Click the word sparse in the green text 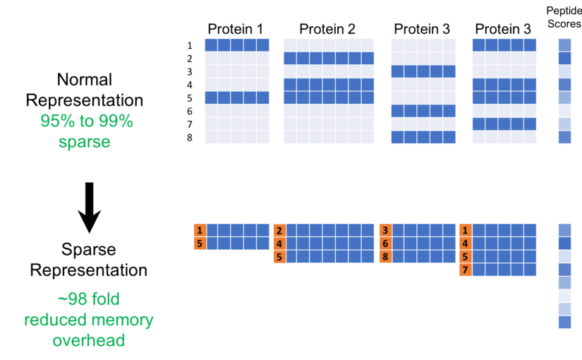click(x=85, y=142)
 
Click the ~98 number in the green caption click(x=73, y=299)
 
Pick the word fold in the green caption click(x=104, y=299)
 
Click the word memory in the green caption click(x=121, y=320)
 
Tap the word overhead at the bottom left click(x=88, y=341)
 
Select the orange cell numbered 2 click(x=279, y=230)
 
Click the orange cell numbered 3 click(x=385, y=230)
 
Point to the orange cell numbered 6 click(x=385, y=244)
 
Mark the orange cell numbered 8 click(x=385, y=256)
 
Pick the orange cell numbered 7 click(x=465, y=270)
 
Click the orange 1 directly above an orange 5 click(x=200, y=230)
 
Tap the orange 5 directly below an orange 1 click(x=200, y=244)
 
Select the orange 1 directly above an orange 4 click(x=465, y=230)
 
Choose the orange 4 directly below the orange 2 click(x=279, y=244)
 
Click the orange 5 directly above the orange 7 click(x=465, y=256)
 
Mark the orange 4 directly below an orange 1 click(x=465, y=244)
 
